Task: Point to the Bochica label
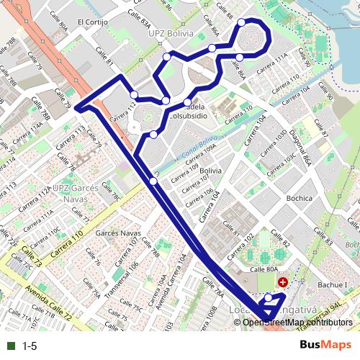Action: tap(298, 198)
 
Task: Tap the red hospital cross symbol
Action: tap(283, 282)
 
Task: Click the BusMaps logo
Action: tap(325, 346)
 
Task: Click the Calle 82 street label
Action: tap(282, 246)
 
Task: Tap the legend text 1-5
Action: tap(30, 346)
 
